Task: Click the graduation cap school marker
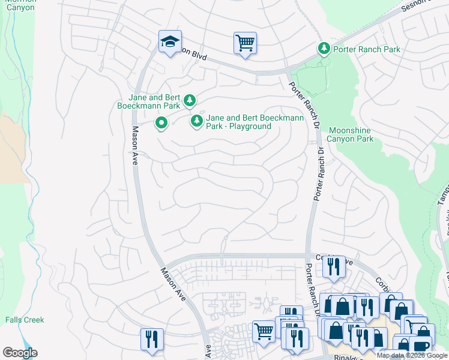(x=170, y=42)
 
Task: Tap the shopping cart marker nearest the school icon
(x=245, y=43)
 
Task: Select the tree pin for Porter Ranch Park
(x=324, y=49)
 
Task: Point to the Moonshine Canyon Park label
(x=351, y=134)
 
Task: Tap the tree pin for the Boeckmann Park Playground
(x=196, y=121)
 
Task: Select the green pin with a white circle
(x=161, y=124)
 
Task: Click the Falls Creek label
(x=25, y=320)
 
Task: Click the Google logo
(x=20, y=352)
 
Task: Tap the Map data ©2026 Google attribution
(x=412, y=355)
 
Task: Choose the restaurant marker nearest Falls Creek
(x=152, y=339)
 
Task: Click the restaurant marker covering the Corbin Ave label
(x=334, y=266)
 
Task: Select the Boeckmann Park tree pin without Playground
(x=190, y=100)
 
